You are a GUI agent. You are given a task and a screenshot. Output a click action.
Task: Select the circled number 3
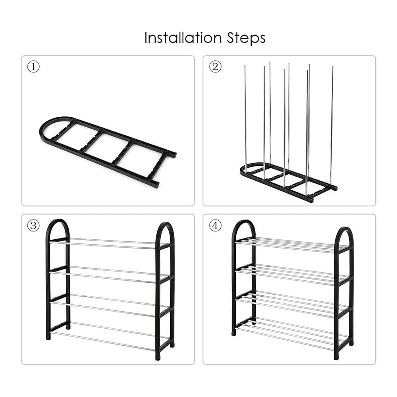click(33, 226)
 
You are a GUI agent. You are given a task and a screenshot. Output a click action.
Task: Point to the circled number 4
click(215, 226)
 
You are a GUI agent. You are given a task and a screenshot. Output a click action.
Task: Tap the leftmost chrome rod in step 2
click(245, 119)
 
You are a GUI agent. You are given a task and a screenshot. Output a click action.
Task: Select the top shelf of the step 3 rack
click(107, 243)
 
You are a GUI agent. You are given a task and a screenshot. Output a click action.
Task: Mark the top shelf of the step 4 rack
click(290, 245)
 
